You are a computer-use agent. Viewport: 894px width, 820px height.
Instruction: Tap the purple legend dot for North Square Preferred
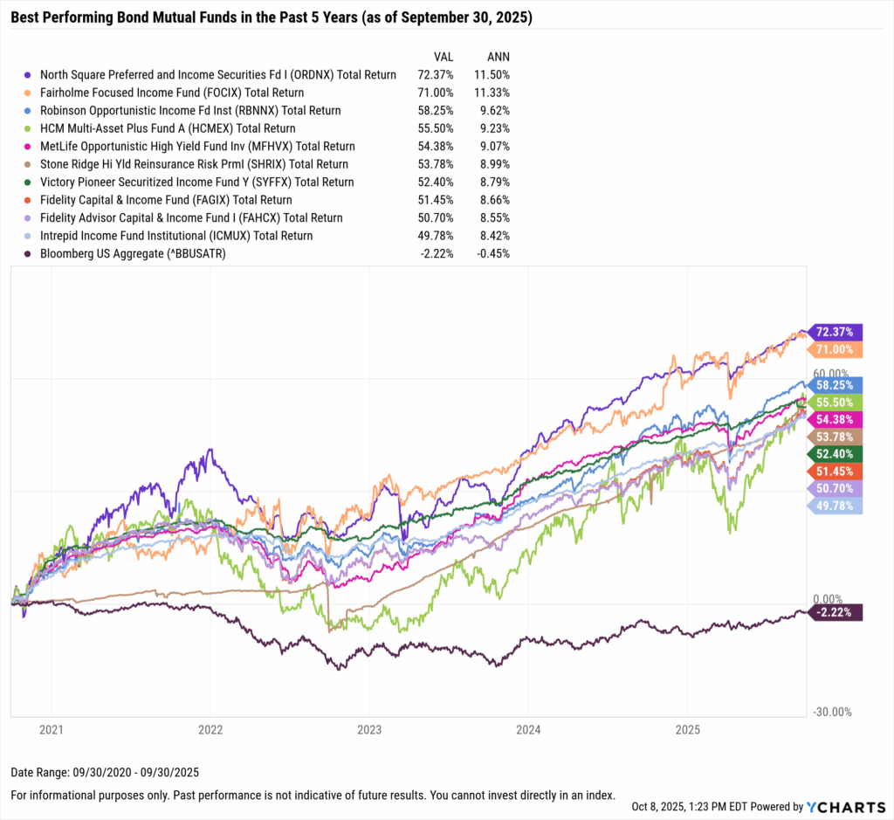click(x=30, y=75)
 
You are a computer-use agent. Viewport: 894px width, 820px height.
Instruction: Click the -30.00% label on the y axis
click(x=832, y=712)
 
